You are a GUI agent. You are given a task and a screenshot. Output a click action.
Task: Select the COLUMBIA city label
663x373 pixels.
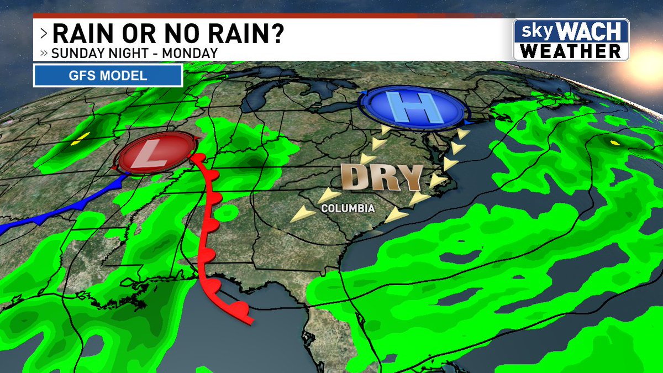pos(348,209)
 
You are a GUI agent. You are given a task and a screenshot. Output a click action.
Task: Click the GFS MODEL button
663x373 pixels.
pos(108,76)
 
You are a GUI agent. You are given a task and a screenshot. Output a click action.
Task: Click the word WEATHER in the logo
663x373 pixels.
pos(571,51)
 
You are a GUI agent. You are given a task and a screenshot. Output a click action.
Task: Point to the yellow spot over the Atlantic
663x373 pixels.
pos(614,143)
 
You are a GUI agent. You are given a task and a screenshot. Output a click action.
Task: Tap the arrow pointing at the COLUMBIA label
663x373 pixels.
pos(330,195)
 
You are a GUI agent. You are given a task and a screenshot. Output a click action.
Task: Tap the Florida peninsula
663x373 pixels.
pos(337,326)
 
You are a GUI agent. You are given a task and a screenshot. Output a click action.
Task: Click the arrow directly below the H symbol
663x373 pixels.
pos(380,144)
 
